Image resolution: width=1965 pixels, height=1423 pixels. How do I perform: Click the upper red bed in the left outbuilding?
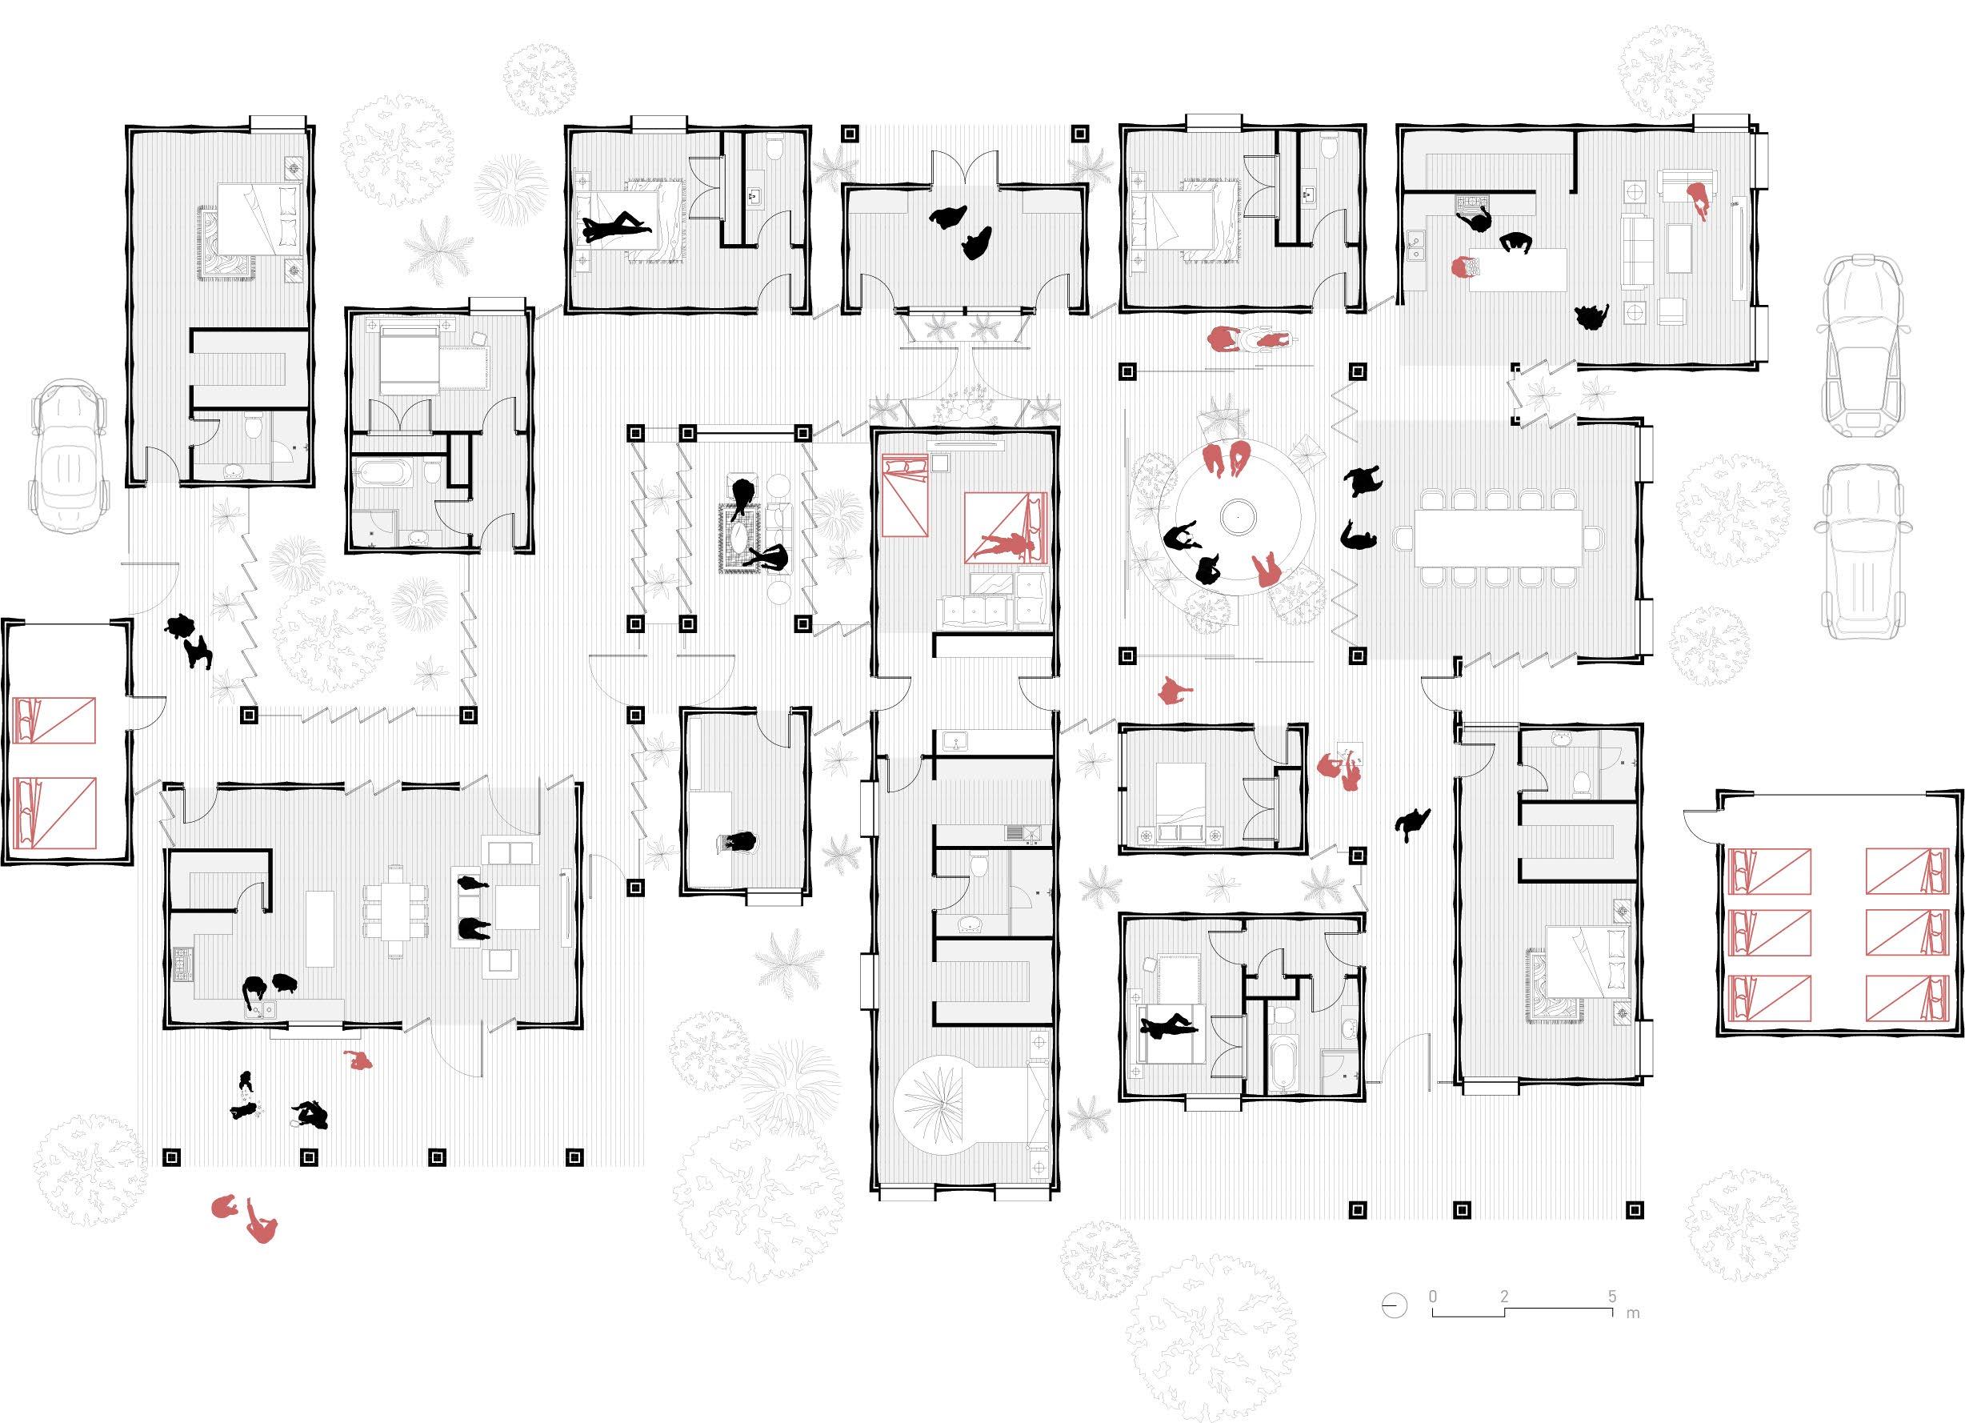click(55, 721)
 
